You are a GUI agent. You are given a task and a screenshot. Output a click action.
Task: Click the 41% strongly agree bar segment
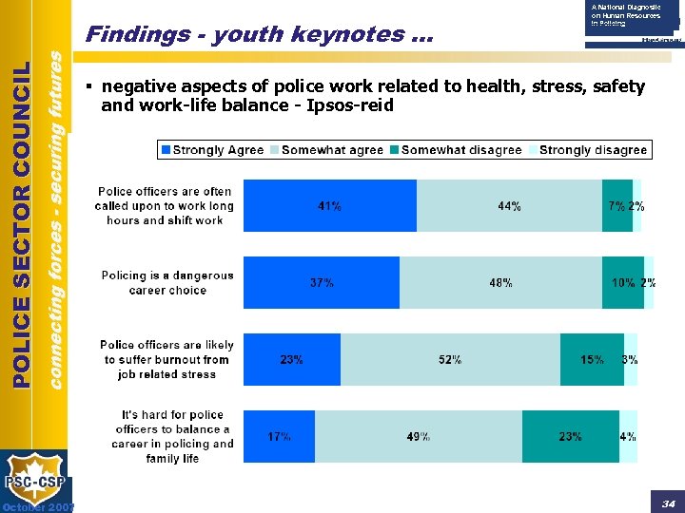329,205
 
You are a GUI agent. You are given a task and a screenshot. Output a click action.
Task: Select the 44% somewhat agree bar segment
509,205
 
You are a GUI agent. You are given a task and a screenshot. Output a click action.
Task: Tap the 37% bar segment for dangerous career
321,282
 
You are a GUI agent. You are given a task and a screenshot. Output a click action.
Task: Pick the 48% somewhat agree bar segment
500,282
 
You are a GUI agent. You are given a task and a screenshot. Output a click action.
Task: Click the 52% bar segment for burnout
450,359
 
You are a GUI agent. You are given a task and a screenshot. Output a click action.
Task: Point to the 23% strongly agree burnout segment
291,359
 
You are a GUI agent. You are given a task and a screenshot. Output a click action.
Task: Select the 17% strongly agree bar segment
279,437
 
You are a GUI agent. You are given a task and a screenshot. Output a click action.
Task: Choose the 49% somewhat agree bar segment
418,437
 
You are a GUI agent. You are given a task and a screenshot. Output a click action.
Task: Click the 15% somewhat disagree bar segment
592,359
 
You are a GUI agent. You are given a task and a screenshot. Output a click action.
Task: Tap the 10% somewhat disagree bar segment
623,282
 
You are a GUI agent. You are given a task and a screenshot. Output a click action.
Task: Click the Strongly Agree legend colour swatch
166,150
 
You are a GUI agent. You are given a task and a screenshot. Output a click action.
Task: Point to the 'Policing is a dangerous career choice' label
167,282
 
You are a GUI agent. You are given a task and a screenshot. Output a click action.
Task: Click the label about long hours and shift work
165,205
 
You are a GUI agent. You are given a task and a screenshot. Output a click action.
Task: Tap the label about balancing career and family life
171,437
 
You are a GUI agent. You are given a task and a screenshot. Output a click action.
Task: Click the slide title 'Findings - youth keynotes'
258,35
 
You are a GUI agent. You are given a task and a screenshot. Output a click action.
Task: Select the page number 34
668,503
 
